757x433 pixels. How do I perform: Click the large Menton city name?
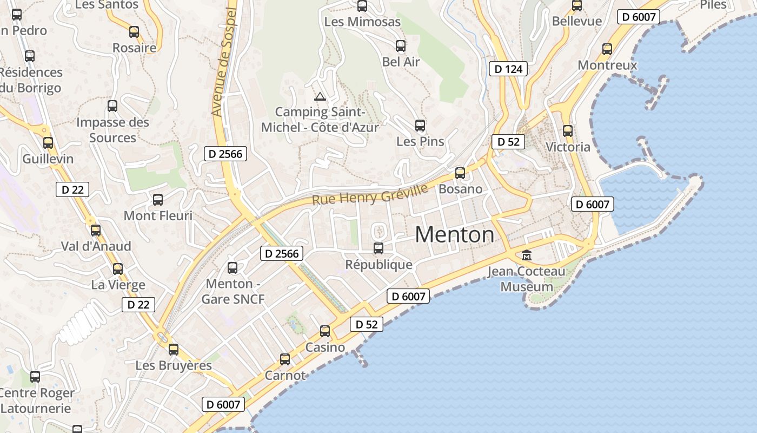click(x=454, y=235)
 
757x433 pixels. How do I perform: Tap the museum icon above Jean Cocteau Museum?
click(x=526, y=255)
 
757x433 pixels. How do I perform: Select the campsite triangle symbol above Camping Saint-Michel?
click(x=320, y=97)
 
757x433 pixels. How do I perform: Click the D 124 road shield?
click(x=508, y=69)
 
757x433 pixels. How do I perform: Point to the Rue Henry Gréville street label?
click(x=370, y=195)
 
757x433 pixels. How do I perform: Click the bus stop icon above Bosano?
click(x=460, y=173)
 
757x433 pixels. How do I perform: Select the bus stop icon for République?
click(x=378, y=248)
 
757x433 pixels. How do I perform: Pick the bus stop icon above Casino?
click(x=325, y=331)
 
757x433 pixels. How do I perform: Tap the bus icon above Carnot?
click(x=285, y=359)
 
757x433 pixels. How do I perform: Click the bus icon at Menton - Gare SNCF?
click(x=233, y=267)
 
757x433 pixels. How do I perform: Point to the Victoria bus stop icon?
click(x=567, y=130)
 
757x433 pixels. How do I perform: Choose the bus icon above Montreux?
click(x=607, y=49)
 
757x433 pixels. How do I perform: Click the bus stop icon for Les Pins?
click(x=420, y=126)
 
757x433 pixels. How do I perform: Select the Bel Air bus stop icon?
click(x=401, y=46)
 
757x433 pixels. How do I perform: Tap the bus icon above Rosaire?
click(x=134, y=32)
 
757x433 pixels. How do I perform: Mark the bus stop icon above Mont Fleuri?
click(x=158, y=200)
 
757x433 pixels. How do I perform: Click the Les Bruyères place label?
click(x=174, y=366)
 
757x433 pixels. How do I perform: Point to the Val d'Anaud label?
click(x=96, y=246)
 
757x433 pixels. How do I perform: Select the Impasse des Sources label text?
click(x=112, y=130)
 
